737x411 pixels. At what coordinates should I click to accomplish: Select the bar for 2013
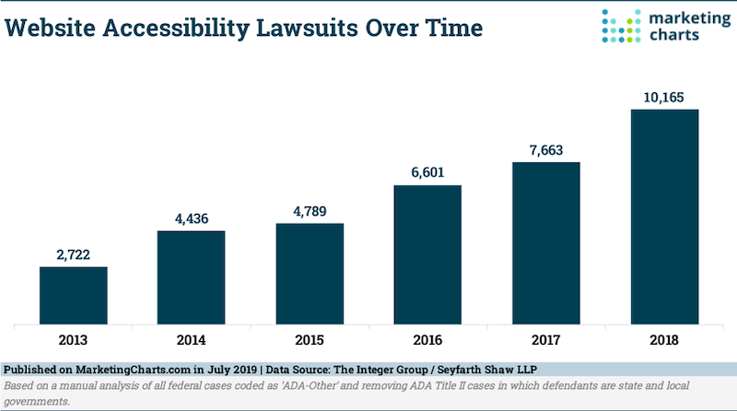pos(73,296)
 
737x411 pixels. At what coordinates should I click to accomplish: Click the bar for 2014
pos(191,277)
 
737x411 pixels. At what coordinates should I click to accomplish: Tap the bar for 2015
pos(310,274)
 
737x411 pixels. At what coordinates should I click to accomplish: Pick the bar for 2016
pos(427,254)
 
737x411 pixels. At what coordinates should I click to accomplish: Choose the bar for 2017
pos(546,243)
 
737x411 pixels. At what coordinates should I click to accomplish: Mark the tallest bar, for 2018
pos(664,217)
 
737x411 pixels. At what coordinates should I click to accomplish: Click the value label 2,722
pos(73,252)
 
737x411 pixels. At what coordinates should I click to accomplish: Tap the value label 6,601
pos(427,170)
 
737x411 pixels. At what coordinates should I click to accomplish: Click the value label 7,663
pos(546,148)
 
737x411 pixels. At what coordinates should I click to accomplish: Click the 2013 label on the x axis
pos(73,339)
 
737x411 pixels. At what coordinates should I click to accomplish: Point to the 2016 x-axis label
pos(427,339)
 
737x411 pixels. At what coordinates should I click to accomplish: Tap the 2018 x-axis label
pos(664,339)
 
